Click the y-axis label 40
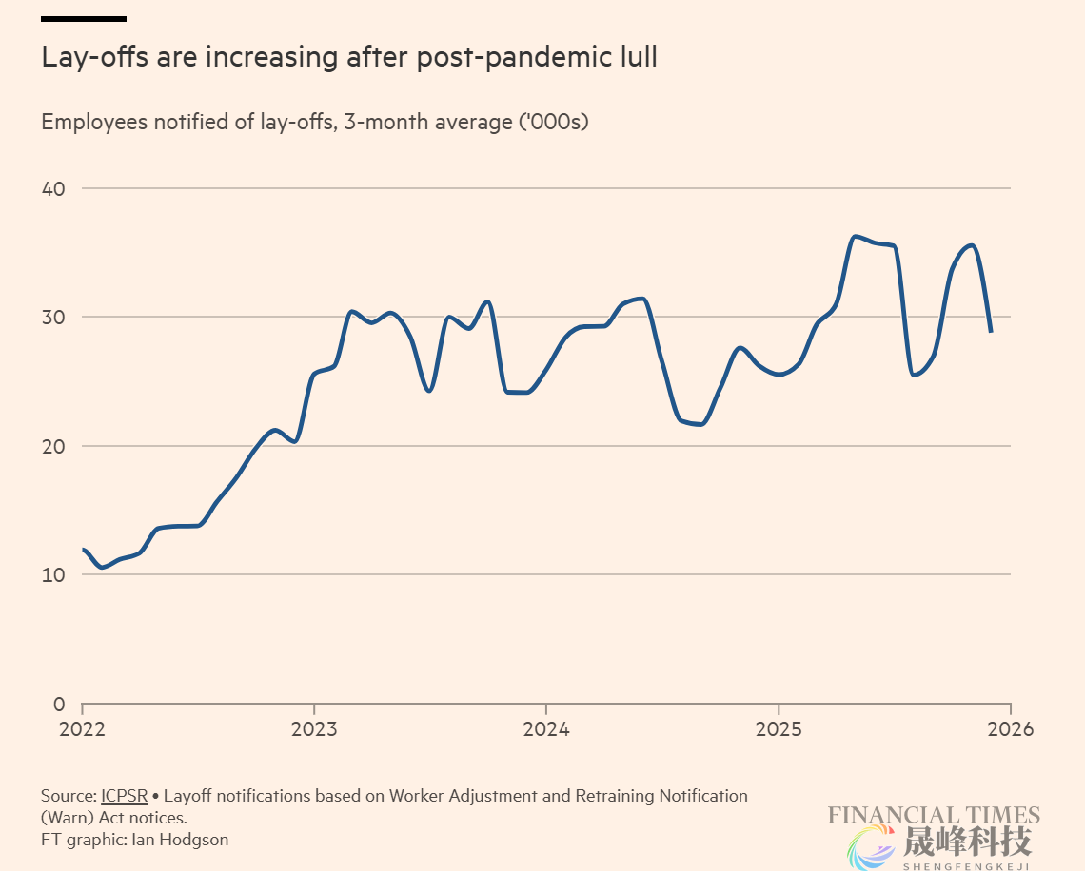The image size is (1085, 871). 52,188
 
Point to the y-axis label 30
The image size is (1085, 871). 52,317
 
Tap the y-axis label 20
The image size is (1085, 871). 52,446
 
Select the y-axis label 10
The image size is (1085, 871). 52,575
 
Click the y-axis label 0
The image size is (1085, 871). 58,705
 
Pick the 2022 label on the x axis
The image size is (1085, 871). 83,729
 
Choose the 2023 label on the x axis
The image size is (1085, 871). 314,729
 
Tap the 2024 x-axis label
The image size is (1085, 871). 545,729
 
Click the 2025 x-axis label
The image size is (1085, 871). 779,729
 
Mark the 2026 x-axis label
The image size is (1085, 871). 1010,729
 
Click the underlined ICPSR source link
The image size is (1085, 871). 124,796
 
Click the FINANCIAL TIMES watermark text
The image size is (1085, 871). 933,815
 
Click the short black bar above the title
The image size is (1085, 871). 84,18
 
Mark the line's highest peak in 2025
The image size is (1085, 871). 855,236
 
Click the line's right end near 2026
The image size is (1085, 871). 991,331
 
